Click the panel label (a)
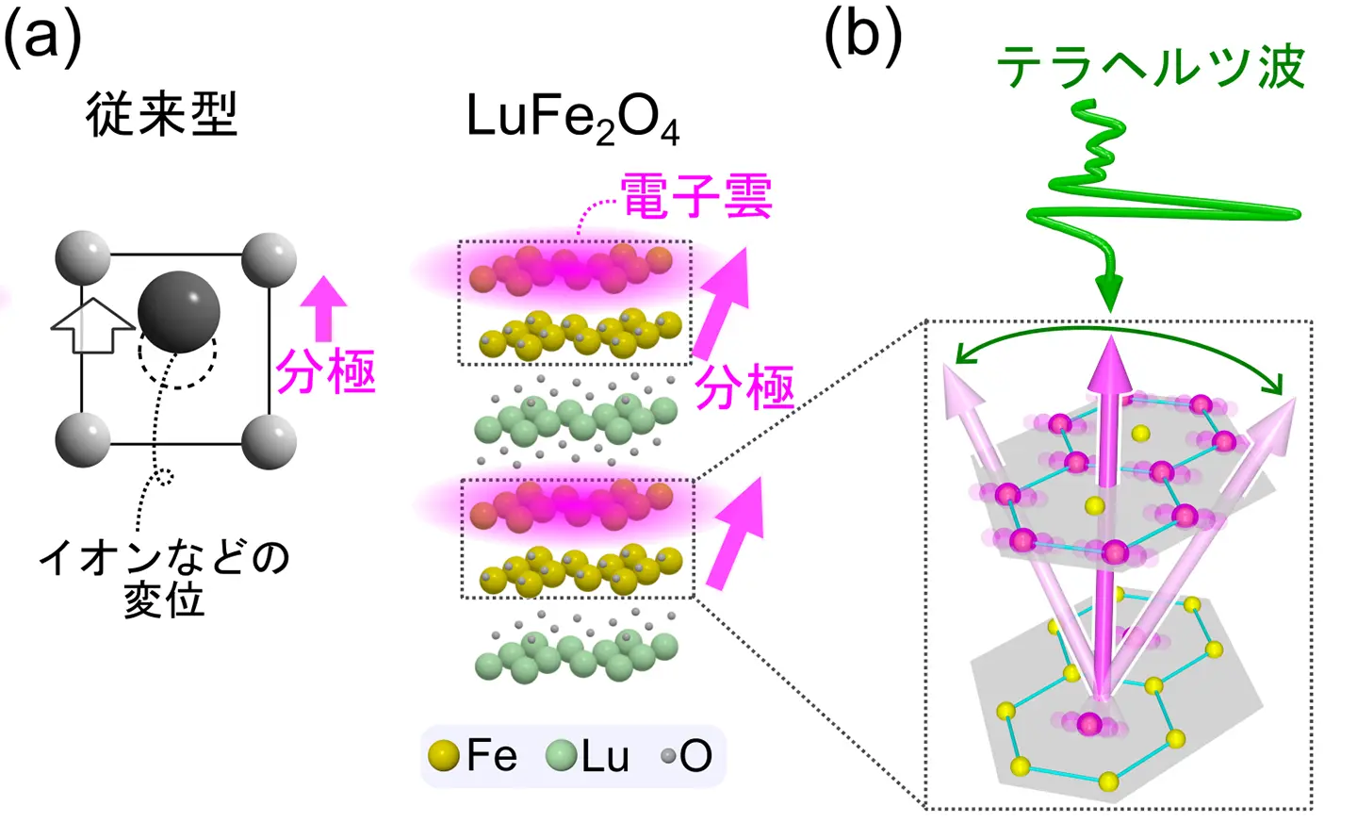pyautogui.click(x=43, y=40)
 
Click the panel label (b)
pyautogui.click(x=863, y=40)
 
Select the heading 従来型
pyautogui.click(x=161, y=115)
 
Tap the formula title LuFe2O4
pyautogui.click(x=572, y=120)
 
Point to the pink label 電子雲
pyautogui.click(x=696, y=196)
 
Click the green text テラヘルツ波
pyautogui.click(x=1150, y=68)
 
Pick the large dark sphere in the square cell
pyautogui.click(x=179, y=312)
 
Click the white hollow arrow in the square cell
pyautogui.click(x=92, y=325)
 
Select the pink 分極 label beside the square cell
pyautogui.click(x=326, y=371)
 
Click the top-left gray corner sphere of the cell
pyautogui.click(x=83, y=257)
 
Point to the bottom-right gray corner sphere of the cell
pyautogui.click(x=269, y=441)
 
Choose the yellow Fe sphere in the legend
pyautogui.click(x=443, y=756)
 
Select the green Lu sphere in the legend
pyautogui.click(x=562, y=756)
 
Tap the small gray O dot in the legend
pyautogui.click(x=668, y=756)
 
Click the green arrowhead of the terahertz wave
pyautogui.click(x=1111, y=290)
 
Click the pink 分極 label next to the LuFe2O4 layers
pyautogui.click(x=744, y=387)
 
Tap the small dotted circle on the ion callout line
pyautogui.click(x=164, y=477)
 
